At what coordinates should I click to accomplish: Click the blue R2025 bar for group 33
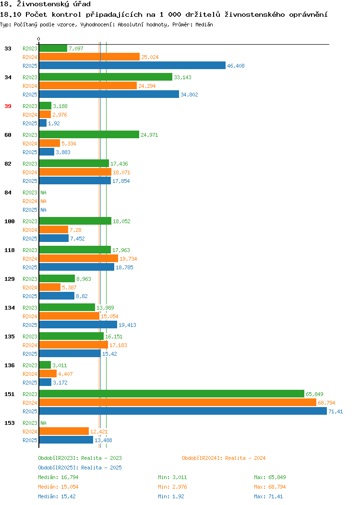click(x=132, y=65)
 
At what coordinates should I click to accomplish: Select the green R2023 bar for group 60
click(x=89, y=134)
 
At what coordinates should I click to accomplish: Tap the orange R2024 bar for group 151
click(x=178, y=403)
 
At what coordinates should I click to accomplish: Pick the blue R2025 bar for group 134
click(x=78, y=325)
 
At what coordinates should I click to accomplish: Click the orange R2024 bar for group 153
click(x=64, y=431)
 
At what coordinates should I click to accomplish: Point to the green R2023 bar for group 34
click(x=106, y=77)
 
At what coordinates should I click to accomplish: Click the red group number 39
click(x=8, y=106)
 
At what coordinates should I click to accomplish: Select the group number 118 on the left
click(x=9, y=250)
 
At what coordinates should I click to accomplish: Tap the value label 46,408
click(x=236, y=66)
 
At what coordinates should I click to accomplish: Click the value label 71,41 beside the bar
click(x=336, y=411)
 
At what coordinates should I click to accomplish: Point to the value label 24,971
click(x=149, y=135)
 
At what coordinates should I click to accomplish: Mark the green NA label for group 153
click(x=44, y=423)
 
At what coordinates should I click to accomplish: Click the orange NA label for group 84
click(x=44, y=201)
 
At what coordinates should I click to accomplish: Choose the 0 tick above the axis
click(x=39, y=39)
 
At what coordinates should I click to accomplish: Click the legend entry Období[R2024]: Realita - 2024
click(x=224, y=458)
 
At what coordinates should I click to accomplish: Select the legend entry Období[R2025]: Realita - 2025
click(x=80, y=468)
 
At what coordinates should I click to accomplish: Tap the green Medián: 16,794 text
click(x=58, y=477)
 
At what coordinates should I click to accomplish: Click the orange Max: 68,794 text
click(x=270, y=487)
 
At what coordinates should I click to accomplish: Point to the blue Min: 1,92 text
click(x=171, y=497)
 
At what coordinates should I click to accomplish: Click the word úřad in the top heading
click(x=82, y=4)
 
